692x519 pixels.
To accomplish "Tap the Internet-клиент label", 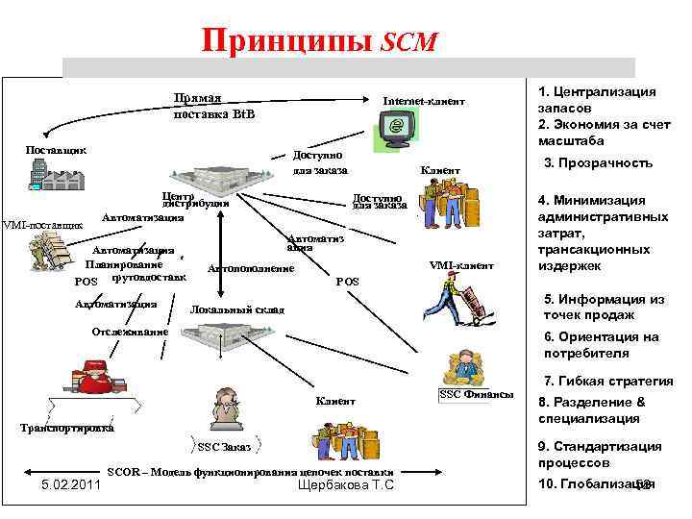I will click(x=424, y=101).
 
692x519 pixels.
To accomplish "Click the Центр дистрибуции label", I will click(x=194, y=199).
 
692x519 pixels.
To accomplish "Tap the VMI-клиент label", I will click(x=461, y=265).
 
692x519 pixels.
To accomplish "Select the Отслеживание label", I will click(x=129, y=332).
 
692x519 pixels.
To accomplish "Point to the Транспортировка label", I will click(x=66, y=429).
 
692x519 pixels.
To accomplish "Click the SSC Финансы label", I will click(x=476, y=395).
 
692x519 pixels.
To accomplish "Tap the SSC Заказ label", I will click(x=224, y=447).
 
